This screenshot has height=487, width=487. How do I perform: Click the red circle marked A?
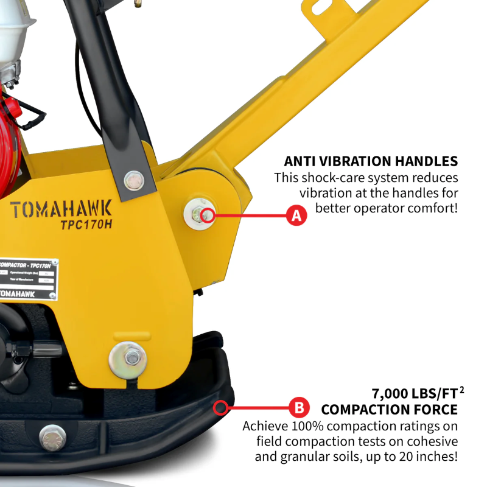(x=296, y=215)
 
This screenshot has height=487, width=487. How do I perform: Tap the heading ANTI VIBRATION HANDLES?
(x=371, y=161)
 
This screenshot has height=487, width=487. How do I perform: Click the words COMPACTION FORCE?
(x=389, y=409)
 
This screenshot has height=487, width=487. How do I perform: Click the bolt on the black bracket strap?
(x=133, y=180)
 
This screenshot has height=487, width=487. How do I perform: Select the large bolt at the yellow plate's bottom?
(x=128, y=360)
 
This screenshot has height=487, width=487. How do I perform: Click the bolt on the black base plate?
(x=52, y=437)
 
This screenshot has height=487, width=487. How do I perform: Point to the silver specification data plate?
(x=27, y=280)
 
